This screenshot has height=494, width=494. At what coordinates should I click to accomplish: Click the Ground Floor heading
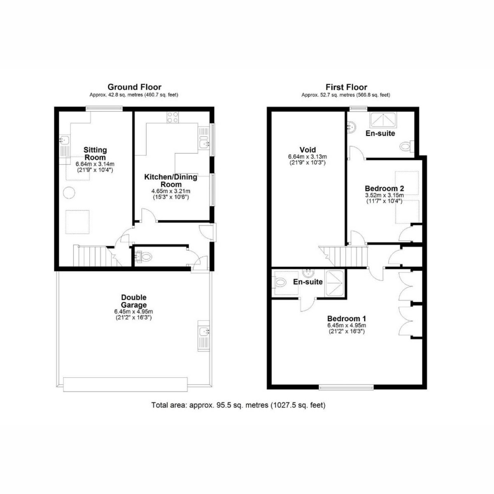(x=134, y=87)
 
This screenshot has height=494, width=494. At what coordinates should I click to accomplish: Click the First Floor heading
(x=346, y=87)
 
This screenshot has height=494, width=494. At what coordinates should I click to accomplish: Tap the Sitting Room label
(x=95, y=154)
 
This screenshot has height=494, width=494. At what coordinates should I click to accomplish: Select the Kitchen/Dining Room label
(x=170, y=181)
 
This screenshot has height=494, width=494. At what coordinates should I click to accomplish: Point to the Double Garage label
(x=134, y=301)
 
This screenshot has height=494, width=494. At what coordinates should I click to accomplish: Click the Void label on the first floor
(x=308, y=150)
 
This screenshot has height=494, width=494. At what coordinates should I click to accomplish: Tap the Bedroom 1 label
(x=346, y=319)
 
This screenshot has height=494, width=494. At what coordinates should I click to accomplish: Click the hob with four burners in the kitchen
(x=172, y=117)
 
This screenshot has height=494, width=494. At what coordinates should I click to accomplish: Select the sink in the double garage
(x=204, y=332)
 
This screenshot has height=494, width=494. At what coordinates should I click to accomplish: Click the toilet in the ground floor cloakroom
(x=147, y=257)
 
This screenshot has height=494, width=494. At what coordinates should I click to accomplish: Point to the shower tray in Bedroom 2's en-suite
(x=383, y=119)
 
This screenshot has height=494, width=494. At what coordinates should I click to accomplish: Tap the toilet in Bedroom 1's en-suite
(x=281, y=282)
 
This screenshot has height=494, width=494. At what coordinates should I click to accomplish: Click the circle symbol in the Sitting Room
(x=69, y=193)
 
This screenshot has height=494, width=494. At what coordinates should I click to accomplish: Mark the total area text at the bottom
(x=238, y=405)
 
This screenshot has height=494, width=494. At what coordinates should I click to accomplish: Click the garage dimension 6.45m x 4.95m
(x=134, y=312)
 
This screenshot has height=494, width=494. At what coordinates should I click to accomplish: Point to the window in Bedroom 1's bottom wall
(x=346, y=387)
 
